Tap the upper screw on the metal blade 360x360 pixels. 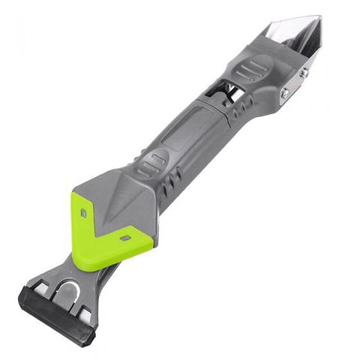[x=303, y=73]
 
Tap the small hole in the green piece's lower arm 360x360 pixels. [x=126, y=238]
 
